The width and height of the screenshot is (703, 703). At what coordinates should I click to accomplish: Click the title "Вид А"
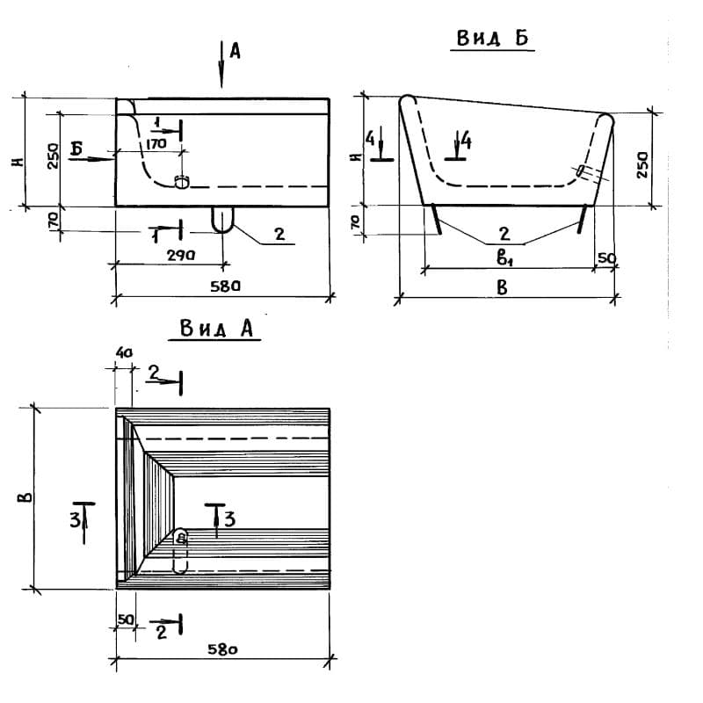coord(216,329)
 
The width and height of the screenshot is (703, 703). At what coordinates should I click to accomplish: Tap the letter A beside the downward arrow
coord(235,52)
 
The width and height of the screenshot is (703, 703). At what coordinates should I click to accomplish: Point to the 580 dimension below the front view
coord(226,286)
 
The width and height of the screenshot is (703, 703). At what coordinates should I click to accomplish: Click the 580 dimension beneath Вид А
coord(224,650)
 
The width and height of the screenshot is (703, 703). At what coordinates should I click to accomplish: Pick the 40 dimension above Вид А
coord(123,351)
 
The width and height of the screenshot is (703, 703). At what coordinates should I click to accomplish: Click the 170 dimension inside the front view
coord(157,142)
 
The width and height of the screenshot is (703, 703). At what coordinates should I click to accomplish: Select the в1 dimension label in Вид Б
coord(503,257)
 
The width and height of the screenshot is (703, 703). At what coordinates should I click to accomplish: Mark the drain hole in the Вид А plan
coord(181,538)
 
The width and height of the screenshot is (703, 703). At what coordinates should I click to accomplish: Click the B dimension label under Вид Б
coord(502,287)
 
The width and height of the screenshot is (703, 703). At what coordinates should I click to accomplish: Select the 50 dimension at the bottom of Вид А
coord(125,620)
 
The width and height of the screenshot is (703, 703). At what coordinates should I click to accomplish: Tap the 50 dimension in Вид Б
coord(607,257)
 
